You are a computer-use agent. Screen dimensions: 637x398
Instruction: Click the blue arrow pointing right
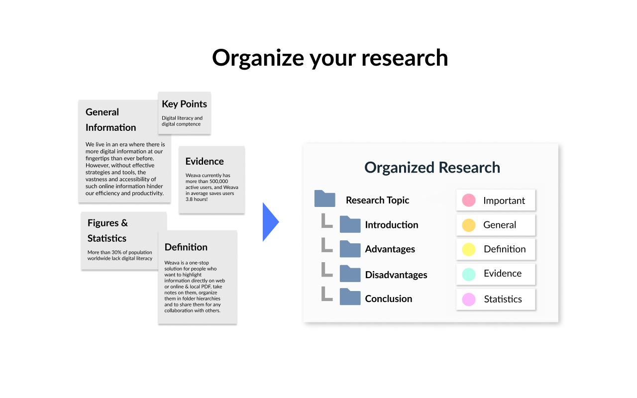270,222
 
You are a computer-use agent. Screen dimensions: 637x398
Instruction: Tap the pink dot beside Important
469,200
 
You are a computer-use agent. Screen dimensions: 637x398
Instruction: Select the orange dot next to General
469,225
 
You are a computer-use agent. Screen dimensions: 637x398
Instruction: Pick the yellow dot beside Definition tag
469,250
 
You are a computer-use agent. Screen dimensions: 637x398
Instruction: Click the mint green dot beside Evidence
469,274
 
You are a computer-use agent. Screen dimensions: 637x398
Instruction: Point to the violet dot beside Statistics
469,299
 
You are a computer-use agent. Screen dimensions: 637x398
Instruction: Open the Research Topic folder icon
325,199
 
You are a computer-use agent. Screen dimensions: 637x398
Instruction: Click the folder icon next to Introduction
350,224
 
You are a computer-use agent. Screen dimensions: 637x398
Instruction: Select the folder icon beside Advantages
350,249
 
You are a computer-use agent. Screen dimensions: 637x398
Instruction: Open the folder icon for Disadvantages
350,274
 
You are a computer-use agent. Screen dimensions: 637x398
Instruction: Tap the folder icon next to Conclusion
350,297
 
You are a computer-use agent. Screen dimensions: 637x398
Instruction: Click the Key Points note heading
184,104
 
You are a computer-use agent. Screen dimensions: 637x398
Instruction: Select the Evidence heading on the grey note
205,161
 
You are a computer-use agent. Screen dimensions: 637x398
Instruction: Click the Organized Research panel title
432,168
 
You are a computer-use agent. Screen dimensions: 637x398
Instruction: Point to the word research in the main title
405,58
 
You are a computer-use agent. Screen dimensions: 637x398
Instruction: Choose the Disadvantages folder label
396,275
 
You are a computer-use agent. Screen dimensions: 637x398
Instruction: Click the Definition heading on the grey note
186,247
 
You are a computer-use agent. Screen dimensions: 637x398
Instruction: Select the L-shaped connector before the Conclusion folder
326,294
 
